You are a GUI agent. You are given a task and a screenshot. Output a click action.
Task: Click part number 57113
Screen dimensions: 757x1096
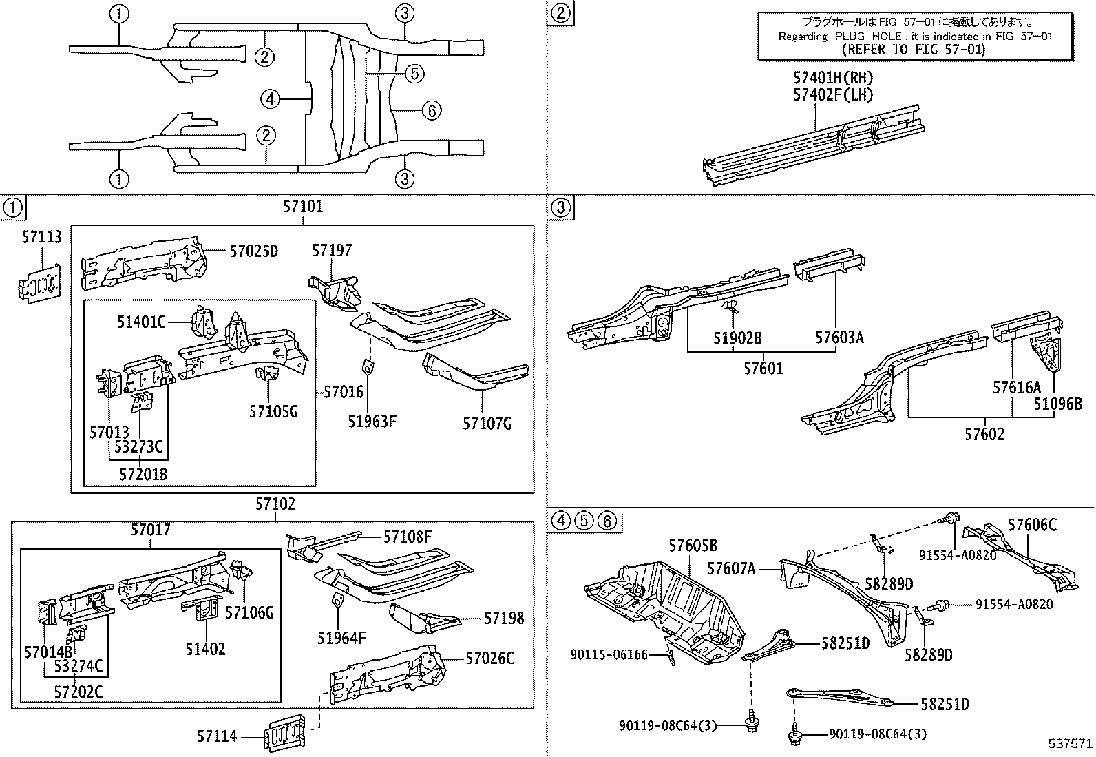click(41, 238)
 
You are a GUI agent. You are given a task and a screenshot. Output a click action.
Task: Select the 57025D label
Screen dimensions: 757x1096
click(253, 251)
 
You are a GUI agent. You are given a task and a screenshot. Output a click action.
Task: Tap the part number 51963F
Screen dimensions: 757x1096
click(371, 422)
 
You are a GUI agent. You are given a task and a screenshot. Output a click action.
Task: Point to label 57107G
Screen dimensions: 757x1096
click(487, 423)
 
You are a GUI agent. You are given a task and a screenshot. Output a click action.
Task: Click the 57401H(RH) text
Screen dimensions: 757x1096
click(832, 79)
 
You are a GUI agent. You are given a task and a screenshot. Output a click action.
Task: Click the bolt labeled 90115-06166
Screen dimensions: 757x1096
click(668, 659)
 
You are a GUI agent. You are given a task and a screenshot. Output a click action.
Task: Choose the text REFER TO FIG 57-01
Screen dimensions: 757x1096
click(914, 50)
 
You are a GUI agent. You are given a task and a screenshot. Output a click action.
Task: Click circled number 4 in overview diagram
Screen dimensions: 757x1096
click(271, 100)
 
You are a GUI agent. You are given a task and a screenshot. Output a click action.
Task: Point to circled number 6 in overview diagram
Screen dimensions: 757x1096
click(430, 110)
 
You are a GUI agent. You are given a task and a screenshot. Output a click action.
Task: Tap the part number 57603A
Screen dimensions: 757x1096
click(839, 338)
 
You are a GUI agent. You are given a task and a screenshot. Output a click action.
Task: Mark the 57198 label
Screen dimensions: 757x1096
click(503, 619)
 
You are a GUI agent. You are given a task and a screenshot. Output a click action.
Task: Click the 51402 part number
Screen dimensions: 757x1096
click(204, 649)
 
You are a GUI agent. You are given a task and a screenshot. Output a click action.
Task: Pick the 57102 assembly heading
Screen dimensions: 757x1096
click(275, 505)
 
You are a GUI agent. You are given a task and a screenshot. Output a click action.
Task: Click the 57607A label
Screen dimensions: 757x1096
click(731, 568)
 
